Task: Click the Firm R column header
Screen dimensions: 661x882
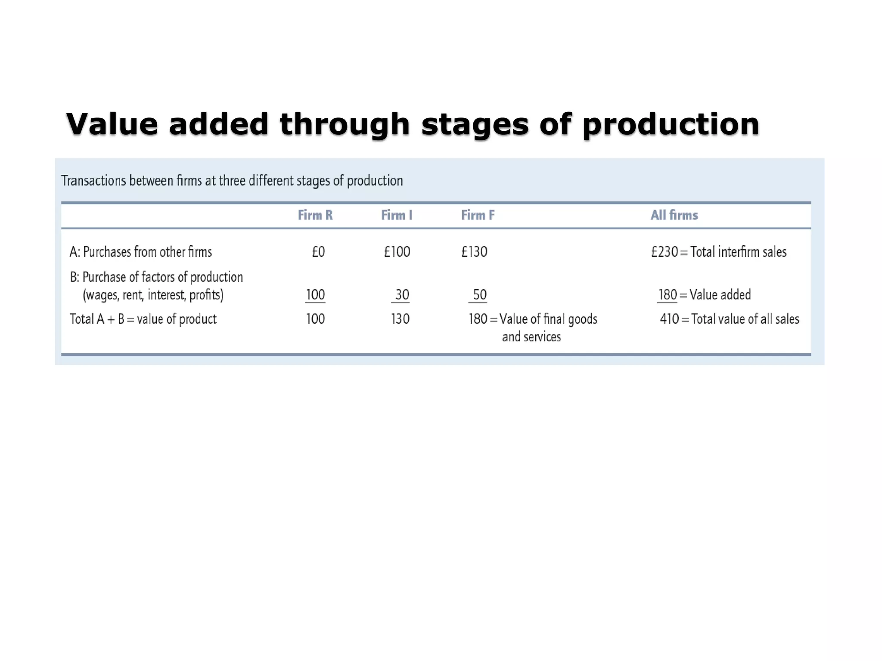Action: pyautogui.click(x=315, y=215)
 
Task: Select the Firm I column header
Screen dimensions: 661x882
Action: pyautogui.click(x=397, y=215)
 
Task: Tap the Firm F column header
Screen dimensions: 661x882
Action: pyautogui.click(x=478, y=215)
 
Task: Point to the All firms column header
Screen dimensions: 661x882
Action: pyautogui.click(x=674, y=215)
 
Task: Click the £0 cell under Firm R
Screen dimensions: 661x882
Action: pyautogui.click(x=318, y=252)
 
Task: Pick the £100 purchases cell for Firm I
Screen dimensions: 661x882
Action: pyautogui.click(x=397, y=252)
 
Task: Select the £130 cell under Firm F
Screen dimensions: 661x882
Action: pyautogui.click(x=474, y=252)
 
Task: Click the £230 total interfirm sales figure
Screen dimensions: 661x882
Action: pyautogui.click(x=665, y=252)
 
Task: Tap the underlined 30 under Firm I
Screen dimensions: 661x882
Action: pyautogui.click(x=402, y=295)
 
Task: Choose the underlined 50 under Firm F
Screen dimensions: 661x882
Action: pyautogui.click(x=479, y=295)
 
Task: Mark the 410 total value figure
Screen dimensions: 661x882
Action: pyautogui.click(x=669, y=319)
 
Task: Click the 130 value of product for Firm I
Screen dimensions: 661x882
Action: pyautogui.click(x=400, y=319)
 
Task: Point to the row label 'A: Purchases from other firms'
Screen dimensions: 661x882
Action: pyautogui.click(x=141, y=252)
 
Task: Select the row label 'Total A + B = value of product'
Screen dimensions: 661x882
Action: pyautogui.click(x=143, y=319)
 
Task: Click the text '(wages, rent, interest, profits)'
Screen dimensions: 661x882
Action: pyautogui.click(x=153, y=295)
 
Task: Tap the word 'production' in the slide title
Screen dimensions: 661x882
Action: pyautogui.click(x=671, y=125)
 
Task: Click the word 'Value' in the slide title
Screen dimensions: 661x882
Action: pyautogui.click(x=112, y=124)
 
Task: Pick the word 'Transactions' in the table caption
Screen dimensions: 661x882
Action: pyautogui.click(x=94, y=181)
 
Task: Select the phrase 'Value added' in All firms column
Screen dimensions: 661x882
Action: pyautogui.click(x=720, y=295)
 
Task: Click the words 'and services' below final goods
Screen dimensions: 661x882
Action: pyautogui.click(x=531, y=337)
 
